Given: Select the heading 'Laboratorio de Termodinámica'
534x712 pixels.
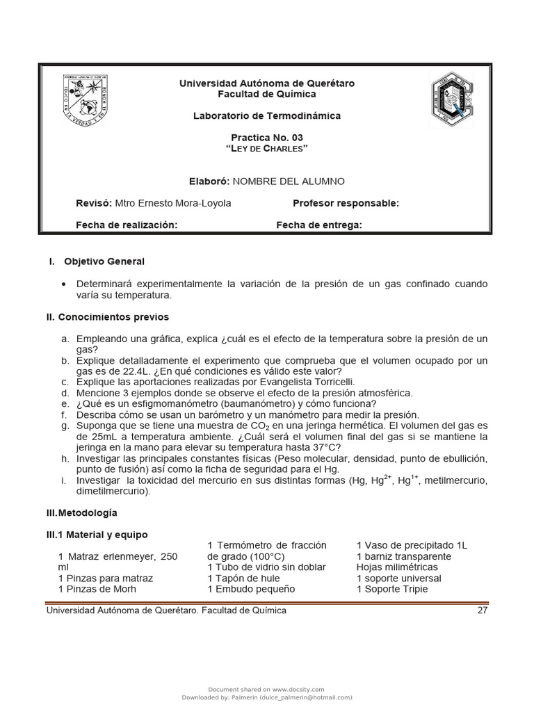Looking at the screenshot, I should click(267, 116).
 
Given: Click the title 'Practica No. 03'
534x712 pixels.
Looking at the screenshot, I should click(267, 138).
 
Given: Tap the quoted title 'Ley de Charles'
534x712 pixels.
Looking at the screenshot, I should click(267, 149).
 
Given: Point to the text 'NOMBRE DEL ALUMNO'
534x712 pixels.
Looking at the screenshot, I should click(288, 181).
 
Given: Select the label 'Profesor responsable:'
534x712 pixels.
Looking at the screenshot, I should click(346, 203).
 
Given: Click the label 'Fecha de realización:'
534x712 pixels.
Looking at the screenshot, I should click(126, 225).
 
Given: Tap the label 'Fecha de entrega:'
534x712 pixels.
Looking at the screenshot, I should click(319, 225).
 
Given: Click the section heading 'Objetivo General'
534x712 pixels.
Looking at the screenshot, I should click(104, 261).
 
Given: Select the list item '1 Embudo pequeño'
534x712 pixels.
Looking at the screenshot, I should click(251, 589).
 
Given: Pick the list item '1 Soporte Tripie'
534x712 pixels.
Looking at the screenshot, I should click(392, 589).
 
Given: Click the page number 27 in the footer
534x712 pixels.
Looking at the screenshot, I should click(483, 610).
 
